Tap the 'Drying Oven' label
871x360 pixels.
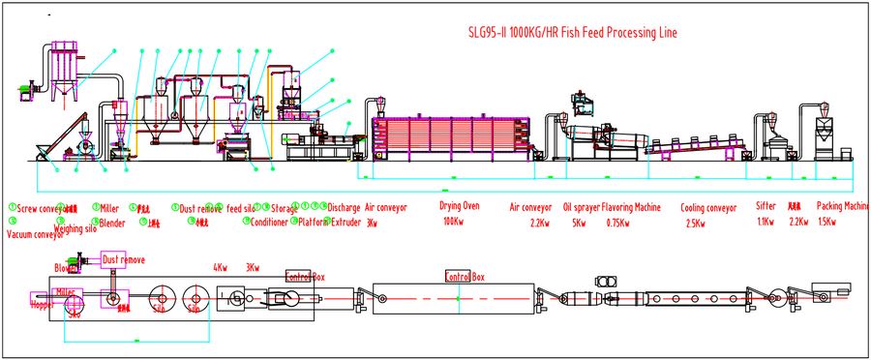pyautogui.click(x=460, y=207)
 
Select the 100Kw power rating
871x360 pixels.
pyautogui.click(x=452, y=223)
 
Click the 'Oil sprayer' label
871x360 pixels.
pyautogui.click(x=580, y=207)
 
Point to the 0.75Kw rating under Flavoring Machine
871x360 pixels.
pyautogui.click(x=616, y=223)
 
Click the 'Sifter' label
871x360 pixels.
pyautogui.click(x=765, y=207)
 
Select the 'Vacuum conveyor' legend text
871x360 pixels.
pyautogui.click(x=35, y=235)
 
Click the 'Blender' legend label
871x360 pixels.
pyautogui.click(x=112, y=223)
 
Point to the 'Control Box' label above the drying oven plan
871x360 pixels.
pyautogui.click(x=464, y=277)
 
